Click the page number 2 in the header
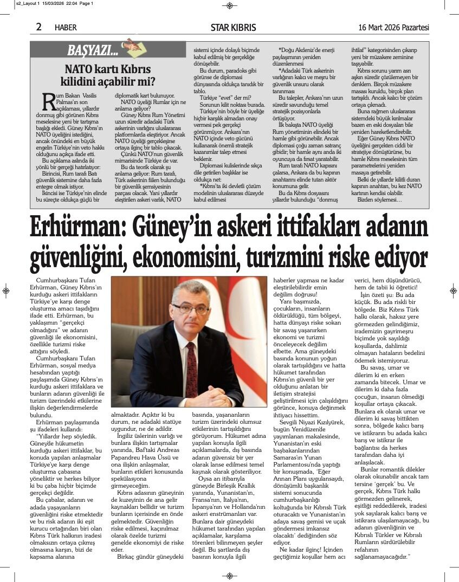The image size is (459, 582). point(38,27)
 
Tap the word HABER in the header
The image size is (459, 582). point(66,27)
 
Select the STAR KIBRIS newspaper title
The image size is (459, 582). point(233,27)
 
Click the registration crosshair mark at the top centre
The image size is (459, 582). point(229,5)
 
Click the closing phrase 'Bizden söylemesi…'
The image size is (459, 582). point(380,200)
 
